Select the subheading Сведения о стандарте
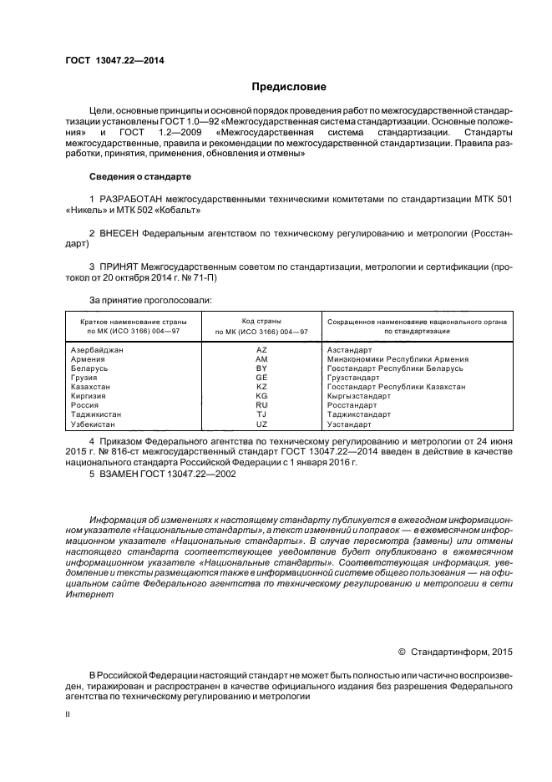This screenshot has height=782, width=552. tap(140, 177)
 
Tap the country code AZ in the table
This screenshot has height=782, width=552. tap(261, 350)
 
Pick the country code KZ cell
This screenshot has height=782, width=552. tap(261, 388)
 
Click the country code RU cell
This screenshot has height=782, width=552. tap(261, 406)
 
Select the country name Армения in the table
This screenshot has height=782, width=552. tap(89, 359)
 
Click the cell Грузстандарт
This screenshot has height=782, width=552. tap(358, 378)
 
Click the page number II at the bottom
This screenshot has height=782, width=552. tap(68, 714)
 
